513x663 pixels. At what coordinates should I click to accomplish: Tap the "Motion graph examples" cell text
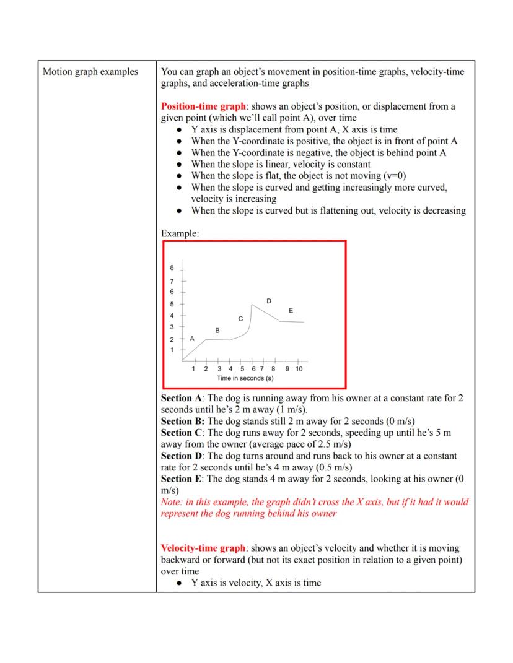coord(90,72)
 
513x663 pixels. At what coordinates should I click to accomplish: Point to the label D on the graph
coord(268,301)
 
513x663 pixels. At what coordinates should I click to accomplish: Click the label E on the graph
coord(291,310)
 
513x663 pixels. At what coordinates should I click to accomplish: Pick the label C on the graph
coord(240,318)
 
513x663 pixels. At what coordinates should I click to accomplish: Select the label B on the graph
coord(217,331)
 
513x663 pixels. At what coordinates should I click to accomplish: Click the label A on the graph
coord(192,339)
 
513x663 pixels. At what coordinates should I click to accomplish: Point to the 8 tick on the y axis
coord(172,268)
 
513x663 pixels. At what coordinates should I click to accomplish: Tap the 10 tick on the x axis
coord(299,369)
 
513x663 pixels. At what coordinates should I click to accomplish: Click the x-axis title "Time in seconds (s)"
coord(245,378)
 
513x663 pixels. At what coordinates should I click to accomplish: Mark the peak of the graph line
coord(252,305)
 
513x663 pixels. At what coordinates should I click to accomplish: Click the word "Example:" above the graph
coord(180,234)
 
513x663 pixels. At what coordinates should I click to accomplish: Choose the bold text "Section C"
coord(182,433)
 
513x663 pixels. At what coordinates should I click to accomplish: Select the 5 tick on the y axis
coord(172,304)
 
